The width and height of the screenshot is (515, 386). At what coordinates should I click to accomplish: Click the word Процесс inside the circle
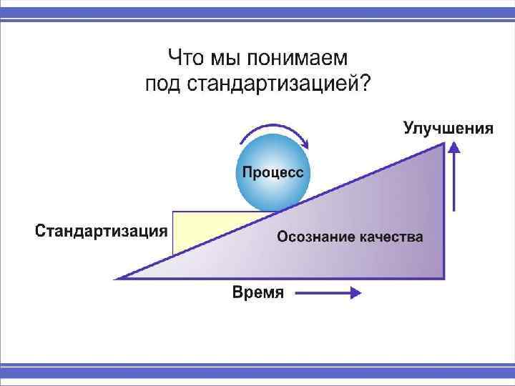tap(272, 172)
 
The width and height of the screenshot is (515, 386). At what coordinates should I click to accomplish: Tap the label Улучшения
tap(448, 129)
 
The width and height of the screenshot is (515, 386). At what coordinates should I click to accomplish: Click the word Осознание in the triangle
tap(313, 237)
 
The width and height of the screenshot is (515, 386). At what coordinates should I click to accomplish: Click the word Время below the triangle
tap(258, 293)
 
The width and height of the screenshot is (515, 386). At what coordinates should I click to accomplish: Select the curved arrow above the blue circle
tap(272, 131)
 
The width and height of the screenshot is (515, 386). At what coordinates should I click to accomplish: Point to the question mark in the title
tap(366, 84)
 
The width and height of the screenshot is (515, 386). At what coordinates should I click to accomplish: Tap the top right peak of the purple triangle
tap(443, 144)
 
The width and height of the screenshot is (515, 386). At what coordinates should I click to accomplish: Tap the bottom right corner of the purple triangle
tap(443, 277)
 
